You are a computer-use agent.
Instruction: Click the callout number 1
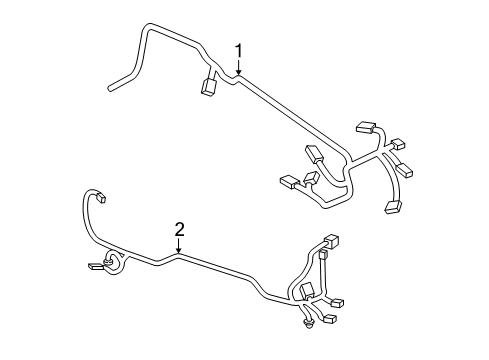click(x=239, y=50)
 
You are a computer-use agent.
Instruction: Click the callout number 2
click(x=179, y=230)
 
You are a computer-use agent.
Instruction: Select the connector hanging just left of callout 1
click(x=209, y=87)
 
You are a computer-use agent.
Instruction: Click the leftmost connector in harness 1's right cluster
click(x=288, y=182)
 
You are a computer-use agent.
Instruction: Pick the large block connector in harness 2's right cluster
click(x=308, y=290)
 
